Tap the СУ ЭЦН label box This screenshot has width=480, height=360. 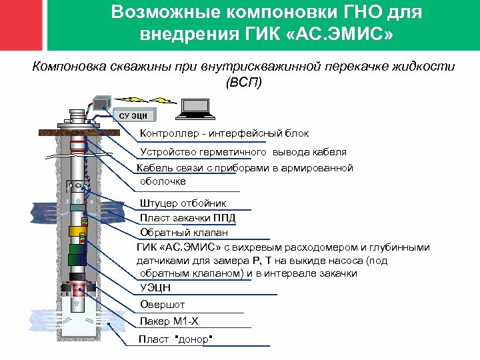[133, 115]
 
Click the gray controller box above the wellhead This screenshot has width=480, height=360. [102, 103]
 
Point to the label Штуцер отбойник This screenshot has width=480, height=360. [183, 203]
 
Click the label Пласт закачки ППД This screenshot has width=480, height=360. [187, 218]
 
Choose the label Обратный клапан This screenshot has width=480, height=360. [183, 233]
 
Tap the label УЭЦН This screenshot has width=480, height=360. [155, 288]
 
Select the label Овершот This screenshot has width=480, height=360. [162, 305]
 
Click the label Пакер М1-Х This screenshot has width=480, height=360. [169, 322]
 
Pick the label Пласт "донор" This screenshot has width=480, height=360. [175, 339]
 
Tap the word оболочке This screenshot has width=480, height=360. [163, 181]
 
